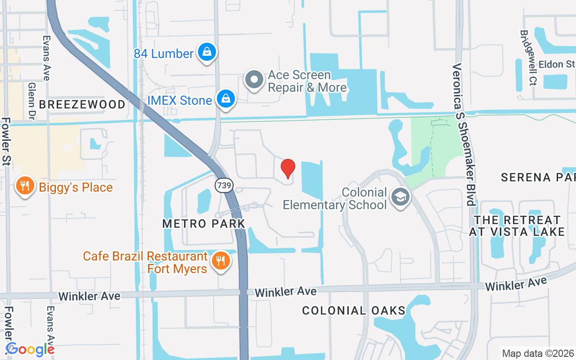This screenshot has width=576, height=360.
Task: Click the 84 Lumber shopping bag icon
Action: [207, 52]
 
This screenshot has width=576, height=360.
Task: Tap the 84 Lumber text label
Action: [163, 54]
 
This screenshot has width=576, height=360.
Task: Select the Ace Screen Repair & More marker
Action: [254, 80]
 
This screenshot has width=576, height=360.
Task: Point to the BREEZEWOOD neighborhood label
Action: [82, 104]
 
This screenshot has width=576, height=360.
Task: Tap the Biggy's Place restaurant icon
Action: [25, 186]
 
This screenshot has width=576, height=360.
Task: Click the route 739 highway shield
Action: [223, 185]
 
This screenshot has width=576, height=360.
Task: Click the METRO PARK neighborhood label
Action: [204, 223]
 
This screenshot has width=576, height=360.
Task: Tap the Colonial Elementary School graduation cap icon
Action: [400, 197]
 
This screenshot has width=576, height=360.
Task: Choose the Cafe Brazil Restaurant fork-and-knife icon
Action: [220, 260]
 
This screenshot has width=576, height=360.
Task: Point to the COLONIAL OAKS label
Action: [354, 310]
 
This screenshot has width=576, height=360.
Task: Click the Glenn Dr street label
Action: [31, 99]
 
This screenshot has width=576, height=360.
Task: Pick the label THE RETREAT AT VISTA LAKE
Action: [517, 226]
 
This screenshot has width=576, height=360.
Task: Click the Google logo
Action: [30, 349]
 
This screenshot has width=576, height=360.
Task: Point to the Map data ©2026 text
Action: [538, 353]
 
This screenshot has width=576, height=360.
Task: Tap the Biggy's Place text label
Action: [76, 187]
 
